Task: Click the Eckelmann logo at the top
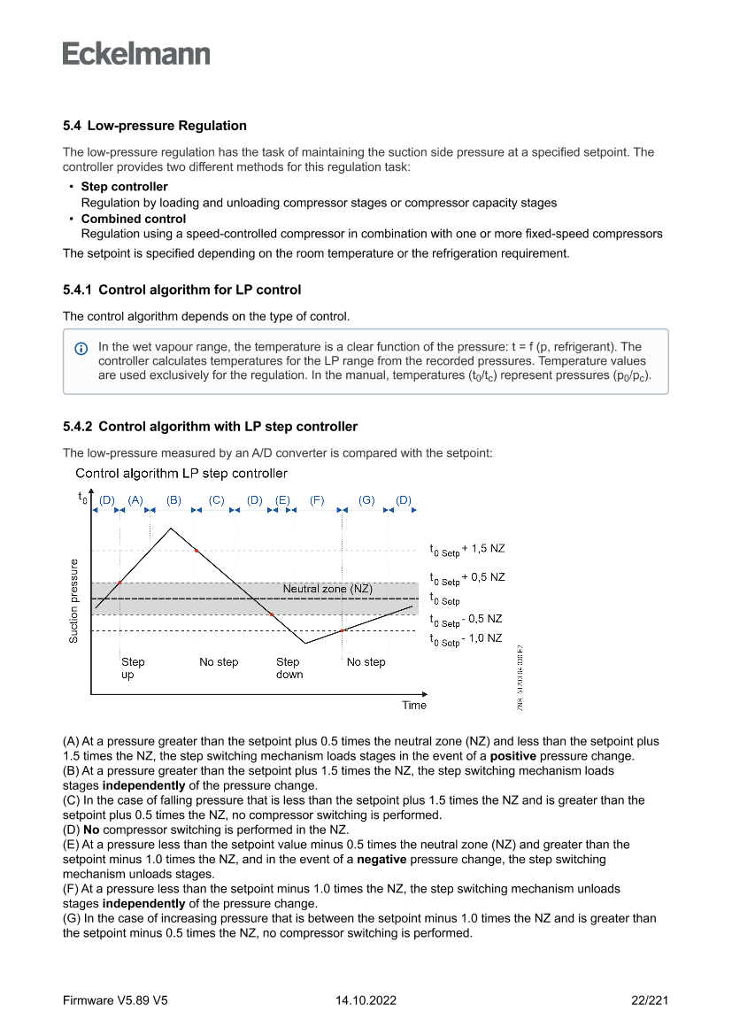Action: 136,54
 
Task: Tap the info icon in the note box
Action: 81,347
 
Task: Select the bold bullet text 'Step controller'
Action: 124,187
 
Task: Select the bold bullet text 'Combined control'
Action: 134,219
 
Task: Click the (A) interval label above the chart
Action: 135,500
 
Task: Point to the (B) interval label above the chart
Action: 173,500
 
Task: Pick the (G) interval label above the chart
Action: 366,500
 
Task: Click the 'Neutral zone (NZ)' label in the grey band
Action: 327,589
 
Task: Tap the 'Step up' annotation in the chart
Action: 133,668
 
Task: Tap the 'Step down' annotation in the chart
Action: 289,668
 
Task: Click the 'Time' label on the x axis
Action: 414,705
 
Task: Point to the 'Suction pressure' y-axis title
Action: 73,600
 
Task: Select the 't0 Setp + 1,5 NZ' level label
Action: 467,550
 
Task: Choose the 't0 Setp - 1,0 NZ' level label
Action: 466,638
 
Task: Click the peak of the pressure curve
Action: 171,529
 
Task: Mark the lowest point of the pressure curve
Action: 304,644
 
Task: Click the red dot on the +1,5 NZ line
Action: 196,551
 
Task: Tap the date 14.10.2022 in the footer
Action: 366,1000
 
